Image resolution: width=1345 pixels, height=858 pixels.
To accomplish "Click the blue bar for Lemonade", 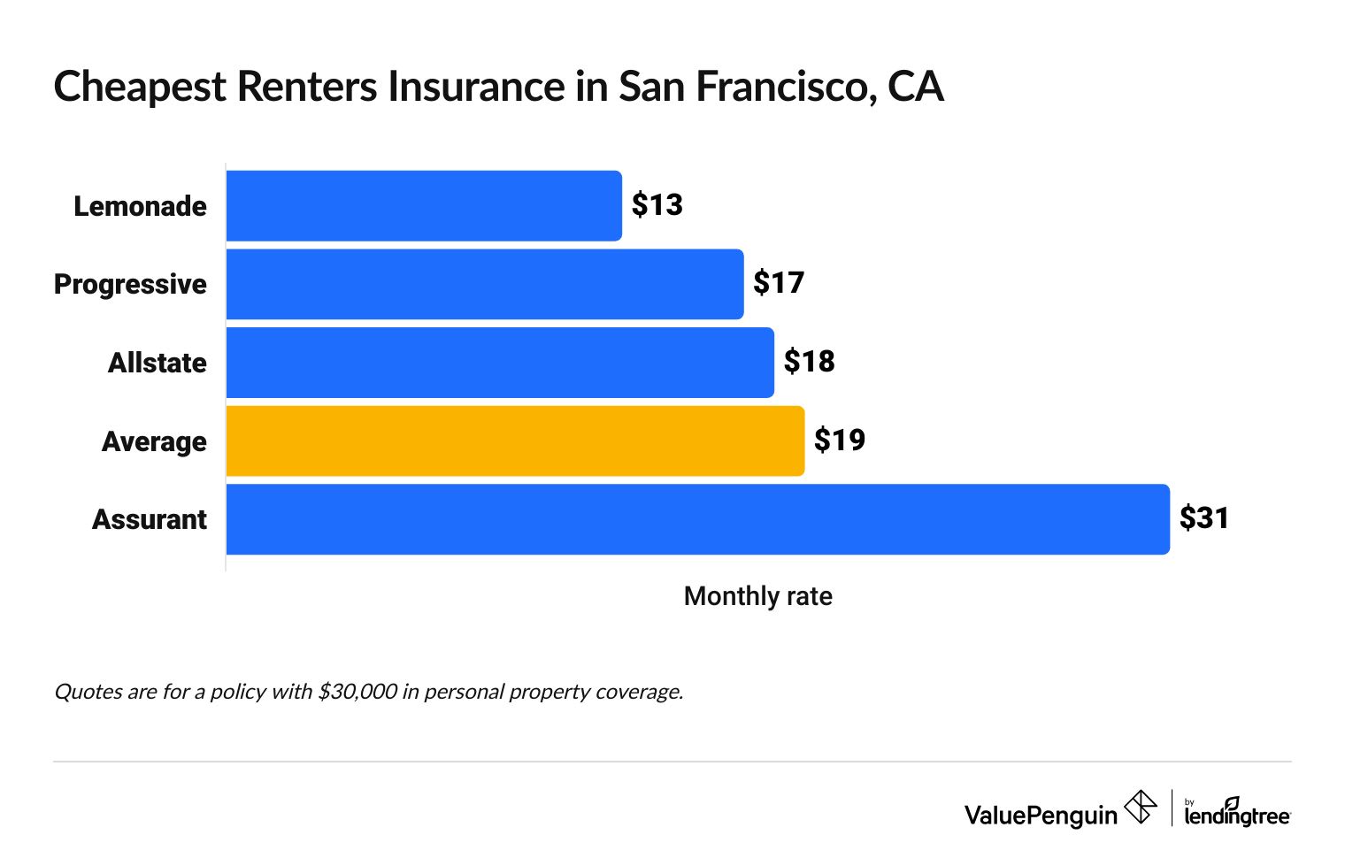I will [x=424, y=205].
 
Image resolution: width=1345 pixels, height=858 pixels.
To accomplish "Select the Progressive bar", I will [x=485, y=284].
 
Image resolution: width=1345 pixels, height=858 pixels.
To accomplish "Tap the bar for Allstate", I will [x=500, y=363].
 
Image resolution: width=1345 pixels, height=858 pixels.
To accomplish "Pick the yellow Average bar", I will [x=515, y=440].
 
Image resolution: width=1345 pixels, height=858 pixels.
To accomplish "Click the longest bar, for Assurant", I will [x=697, y=519].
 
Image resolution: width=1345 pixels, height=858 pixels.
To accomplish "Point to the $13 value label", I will [x=657, y=205].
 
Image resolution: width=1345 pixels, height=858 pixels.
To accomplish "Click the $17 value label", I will [x=779, y=283].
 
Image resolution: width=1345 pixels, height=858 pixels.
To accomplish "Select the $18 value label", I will [x=809, y=362].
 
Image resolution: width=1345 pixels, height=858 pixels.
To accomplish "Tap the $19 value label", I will [x=839, y=440].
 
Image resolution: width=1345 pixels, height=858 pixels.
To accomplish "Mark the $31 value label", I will [x=1204, y=518].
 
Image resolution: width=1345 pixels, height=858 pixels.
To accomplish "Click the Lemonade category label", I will [x=140, y=206].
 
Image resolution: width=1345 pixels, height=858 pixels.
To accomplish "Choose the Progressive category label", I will [x=130, y=285].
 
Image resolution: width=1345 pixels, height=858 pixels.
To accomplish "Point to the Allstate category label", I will [x=157, y=363].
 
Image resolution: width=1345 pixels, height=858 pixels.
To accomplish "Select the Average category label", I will [x=154, y=441].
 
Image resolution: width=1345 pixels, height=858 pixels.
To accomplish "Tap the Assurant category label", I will [x=149, y=519].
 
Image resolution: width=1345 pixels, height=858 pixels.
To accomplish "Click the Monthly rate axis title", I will [x=757, y=596].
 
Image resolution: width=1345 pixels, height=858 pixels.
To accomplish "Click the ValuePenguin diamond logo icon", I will [x=1140, y=807].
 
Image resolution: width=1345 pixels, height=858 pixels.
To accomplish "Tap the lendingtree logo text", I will [x=1236, y=815].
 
